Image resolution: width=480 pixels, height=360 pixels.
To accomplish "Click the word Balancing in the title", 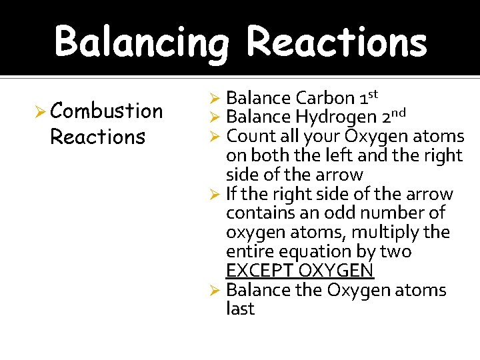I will tap(142, 42).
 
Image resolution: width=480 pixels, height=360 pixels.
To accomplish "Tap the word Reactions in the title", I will tap(337, 42).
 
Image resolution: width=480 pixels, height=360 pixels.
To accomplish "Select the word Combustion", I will tap(106, 111).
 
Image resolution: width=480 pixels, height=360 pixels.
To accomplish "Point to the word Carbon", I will tap(325, 98).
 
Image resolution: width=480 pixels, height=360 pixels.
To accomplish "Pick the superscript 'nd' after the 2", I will tap(397, 113).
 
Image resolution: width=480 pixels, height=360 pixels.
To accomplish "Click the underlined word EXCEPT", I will tap(259, 271).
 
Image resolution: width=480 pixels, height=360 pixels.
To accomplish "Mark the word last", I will tap(240, 309).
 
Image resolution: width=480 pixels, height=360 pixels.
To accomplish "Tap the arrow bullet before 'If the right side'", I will tap(215, 195).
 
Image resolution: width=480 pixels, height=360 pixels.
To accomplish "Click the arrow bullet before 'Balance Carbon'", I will tap(215, 99).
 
